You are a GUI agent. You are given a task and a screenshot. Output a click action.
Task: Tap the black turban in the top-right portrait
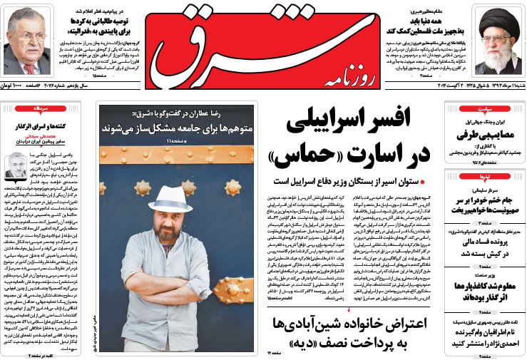(498, 19)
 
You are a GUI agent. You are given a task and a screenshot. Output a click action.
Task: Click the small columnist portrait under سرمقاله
(16, 165)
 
